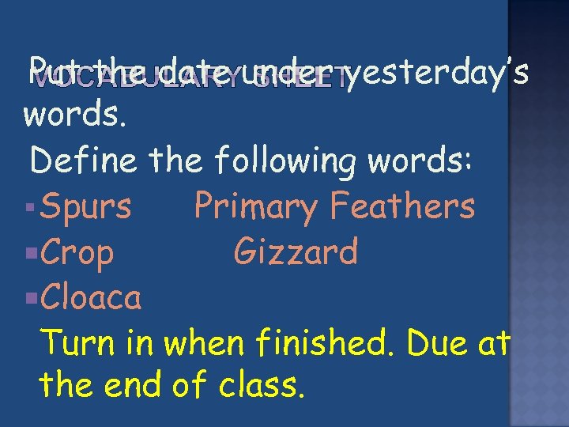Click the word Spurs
pyautogui.click(x=86, y=207)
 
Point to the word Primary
pyautogui.click(x=257, y=208)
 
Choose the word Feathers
pyautogui.click(x=403, y=206)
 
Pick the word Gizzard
pyautogui.click(x=296, y=252)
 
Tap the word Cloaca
pyautogui.click(x=91, y=297)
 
